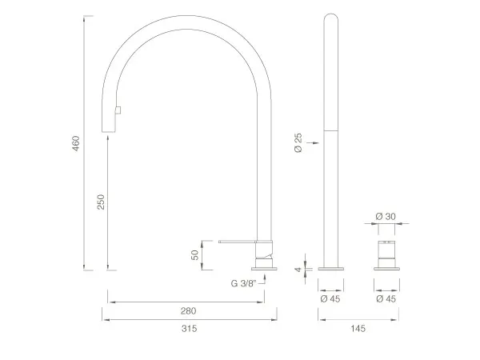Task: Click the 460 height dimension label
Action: (76, 143)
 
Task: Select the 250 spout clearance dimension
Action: (101, 202)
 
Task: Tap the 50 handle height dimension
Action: (195, 255)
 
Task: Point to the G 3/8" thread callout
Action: (244, 283)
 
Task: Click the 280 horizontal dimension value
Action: (188, 311)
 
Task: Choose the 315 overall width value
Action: (189, 329)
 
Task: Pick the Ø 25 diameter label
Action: (298, 142)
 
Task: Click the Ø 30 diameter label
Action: (386, 217)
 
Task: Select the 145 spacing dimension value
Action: (358, 329)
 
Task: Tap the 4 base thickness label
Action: (298, 270)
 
